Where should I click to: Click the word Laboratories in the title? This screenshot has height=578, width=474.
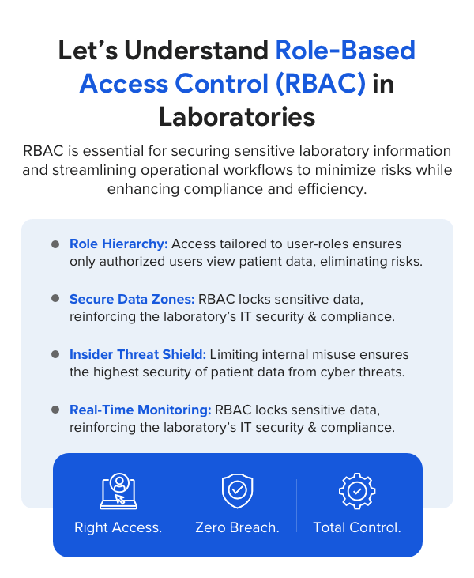(237, 116)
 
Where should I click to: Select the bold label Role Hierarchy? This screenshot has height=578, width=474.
(118, 244)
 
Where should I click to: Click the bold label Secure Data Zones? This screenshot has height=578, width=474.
(132, 299)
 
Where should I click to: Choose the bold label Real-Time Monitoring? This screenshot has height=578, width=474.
(141, 410)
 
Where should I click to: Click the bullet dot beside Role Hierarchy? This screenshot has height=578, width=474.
(55, 244)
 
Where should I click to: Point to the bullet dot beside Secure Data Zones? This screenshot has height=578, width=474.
(55, 299)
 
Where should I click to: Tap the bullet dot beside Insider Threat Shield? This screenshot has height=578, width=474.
(55, 354)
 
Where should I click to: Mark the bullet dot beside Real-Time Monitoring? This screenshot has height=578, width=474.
(55, 410)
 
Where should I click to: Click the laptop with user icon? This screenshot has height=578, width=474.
(118, 491)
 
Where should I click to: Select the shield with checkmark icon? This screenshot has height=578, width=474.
(237, 491)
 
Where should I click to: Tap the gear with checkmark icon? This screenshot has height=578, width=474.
(356, 491)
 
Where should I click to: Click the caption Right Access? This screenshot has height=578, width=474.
(118, 527)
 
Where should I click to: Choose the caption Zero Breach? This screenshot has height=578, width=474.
(237, 527)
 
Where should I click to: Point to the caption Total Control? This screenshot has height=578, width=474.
(356, 527)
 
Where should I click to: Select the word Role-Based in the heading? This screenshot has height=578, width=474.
(345, 51)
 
